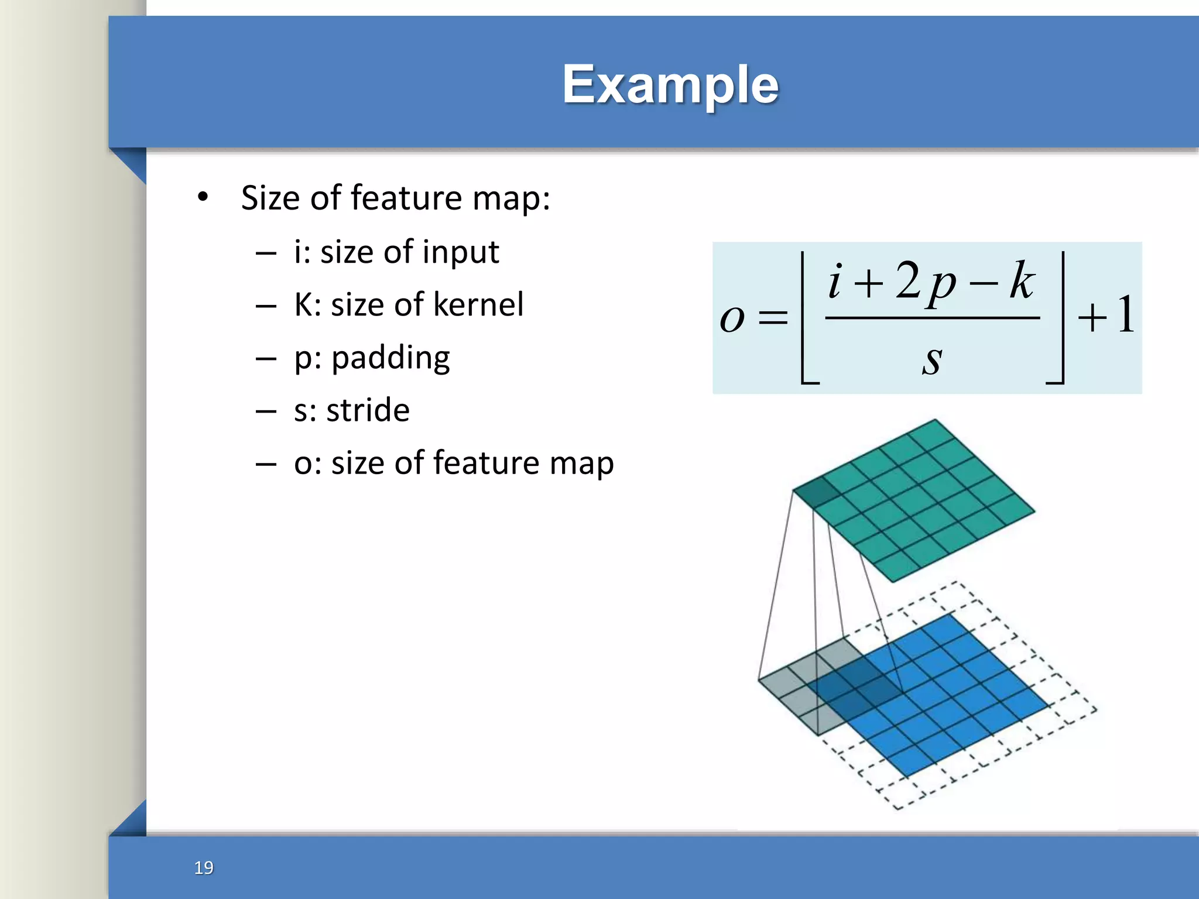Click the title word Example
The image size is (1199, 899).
coord(670,85)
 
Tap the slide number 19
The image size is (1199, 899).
coord(204,867)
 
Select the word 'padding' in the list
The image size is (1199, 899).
coord(390,358)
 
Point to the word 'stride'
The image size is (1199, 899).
coord(368,410)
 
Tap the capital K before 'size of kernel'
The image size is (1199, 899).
coord(304,304)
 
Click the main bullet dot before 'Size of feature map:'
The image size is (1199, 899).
coord(203,197)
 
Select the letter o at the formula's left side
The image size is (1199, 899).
coord(732,319)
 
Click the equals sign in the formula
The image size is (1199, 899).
coord(773,319)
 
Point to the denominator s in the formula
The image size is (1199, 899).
coord(932,358)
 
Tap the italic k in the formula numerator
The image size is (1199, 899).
coord(1022,281)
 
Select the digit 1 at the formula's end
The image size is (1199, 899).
coord(1125,316)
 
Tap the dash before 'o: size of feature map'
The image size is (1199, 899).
coord(266,464)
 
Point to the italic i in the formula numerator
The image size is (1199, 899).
coord(835,281)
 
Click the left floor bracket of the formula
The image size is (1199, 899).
coord(807,319)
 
